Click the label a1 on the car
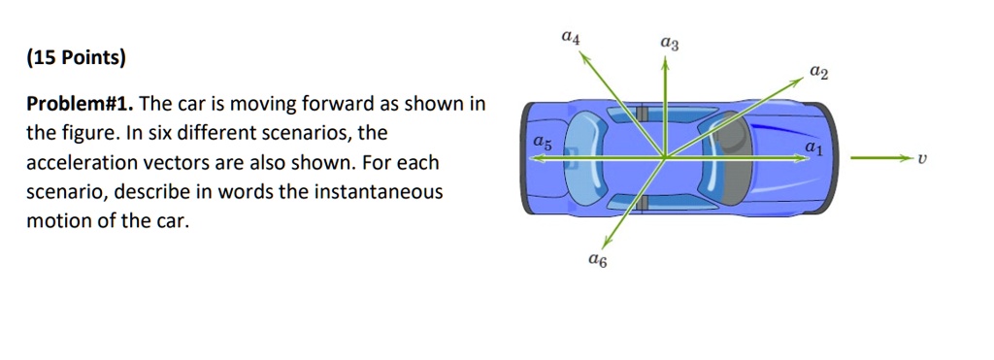tap(812, 147)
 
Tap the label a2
tap(819, 73)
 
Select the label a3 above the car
tap(669, 43)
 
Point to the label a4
tap(571, 38)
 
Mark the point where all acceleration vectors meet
tap(665, 157)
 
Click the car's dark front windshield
tap(740, 157)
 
